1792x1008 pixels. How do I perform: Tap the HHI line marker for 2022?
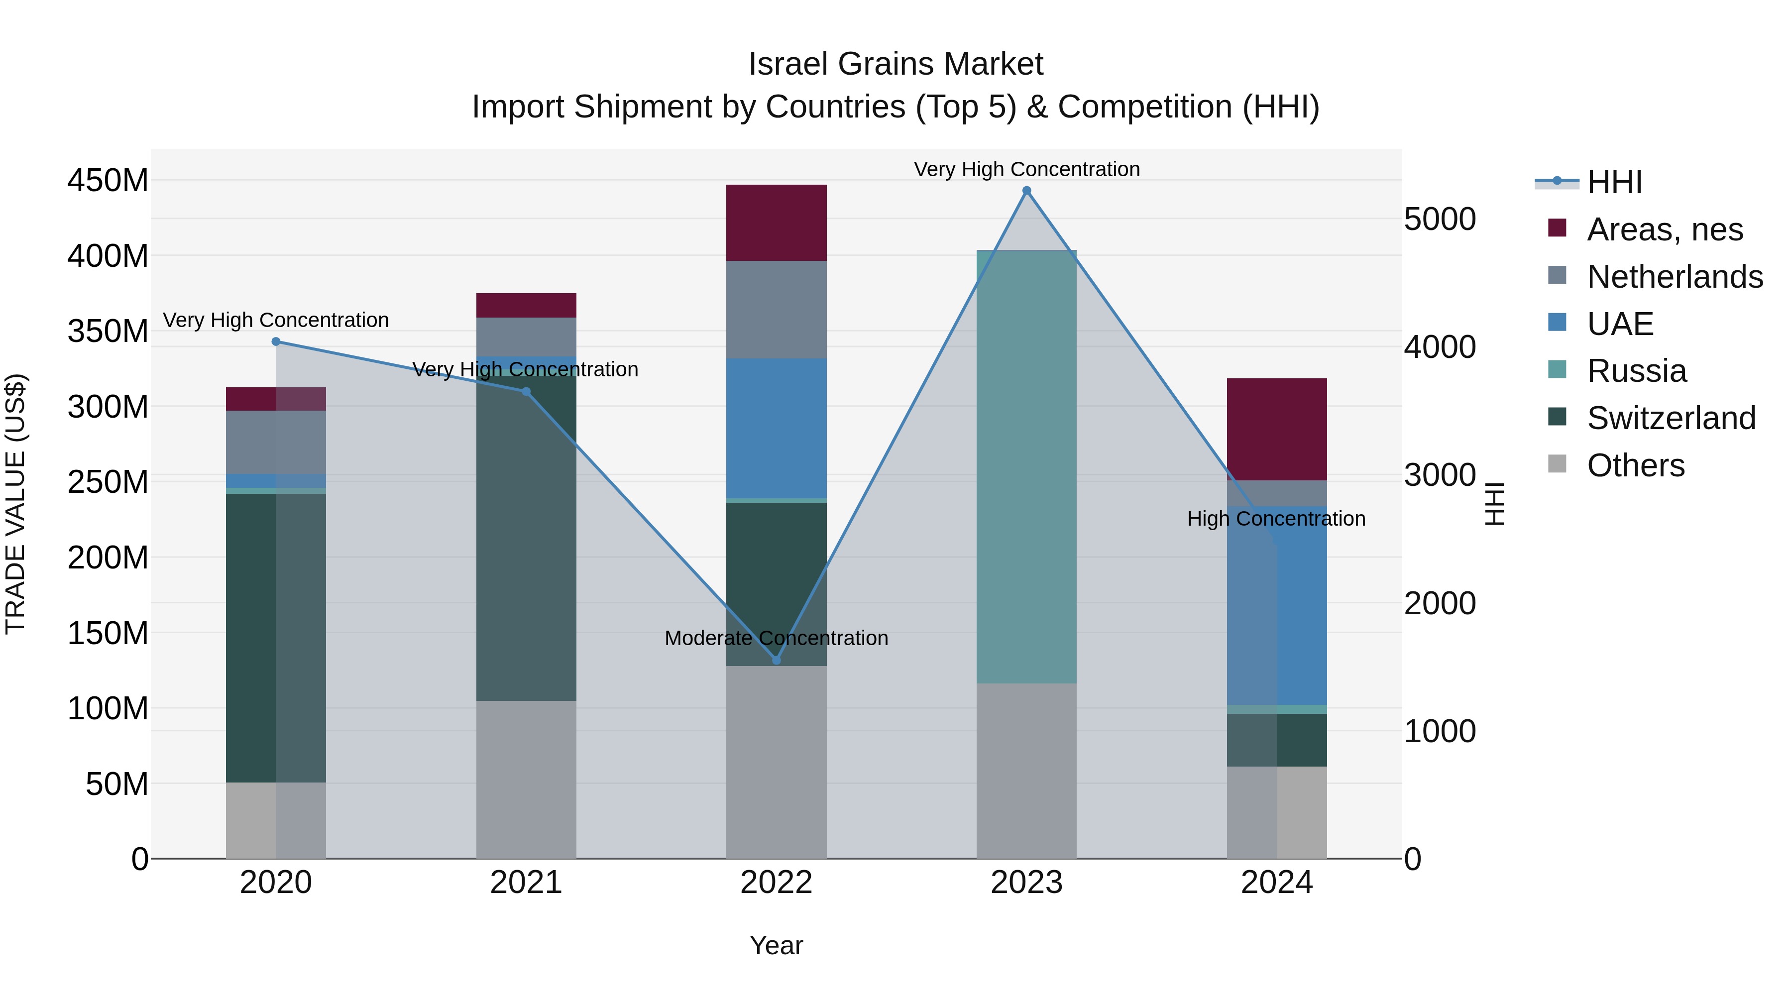pyautogui.click(x=777, y=660)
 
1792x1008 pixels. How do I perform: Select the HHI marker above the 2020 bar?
pyautogui.click(x=276, y=341)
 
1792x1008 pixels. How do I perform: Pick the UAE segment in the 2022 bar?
pyautogui.click(x=777, y=428)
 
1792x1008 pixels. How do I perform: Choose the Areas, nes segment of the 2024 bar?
pyautogui.click(x=1276, y=429)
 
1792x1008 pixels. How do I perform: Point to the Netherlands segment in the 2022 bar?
pyautogui.click(x=777, y=310)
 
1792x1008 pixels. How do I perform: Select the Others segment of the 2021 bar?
pyautogui.click(x=526, y=779)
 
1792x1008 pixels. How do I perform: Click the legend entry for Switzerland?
pyautogui.click(x=1671, y=418)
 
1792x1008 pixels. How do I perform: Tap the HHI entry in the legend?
pyautogui.click(x=1614, y=182)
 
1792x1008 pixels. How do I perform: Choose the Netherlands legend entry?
pyautogui.click(x=1675, y=277)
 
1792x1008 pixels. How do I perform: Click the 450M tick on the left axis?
pyautogui.click(x=108, y=181)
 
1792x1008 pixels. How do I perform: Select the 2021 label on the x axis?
pyautogui.click(x=526, y=883)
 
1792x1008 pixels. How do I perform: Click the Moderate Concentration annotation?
pyautogui.click(x=777, y=638)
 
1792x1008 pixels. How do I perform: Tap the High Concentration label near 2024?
pyautogui.click(x=1276, y=519)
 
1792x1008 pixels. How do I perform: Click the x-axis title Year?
pyautogui.click(x=777, y=945)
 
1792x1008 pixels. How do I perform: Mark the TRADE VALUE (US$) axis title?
pyautogui.click(x=15, y=504)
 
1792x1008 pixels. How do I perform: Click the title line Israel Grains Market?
pyautogui.click(x=896, y=64)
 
